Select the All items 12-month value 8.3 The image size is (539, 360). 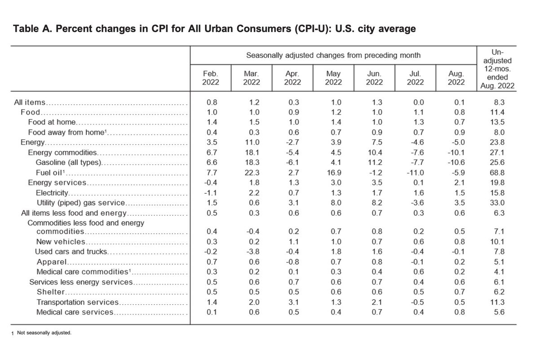click(499, 102)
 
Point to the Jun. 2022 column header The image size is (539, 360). click(374, 78)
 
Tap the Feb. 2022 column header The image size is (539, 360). click(210, 78)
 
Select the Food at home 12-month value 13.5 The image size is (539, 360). click(499, 123)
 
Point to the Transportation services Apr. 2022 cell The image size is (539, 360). click(292, 302)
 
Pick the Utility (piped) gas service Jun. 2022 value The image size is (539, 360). click(374, 203)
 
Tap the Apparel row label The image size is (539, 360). click(52, 262)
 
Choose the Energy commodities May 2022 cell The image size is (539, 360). click(333, 153)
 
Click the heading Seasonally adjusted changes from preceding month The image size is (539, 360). click(333, 55)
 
